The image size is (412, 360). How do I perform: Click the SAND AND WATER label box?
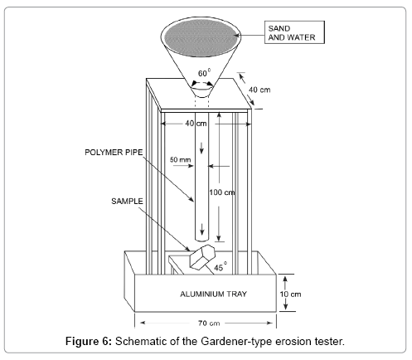[294, 32]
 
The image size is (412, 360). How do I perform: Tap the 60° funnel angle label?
[204, 73]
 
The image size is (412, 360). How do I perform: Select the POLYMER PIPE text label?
[114, 153]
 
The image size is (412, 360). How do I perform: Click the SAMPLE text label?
[127, 201]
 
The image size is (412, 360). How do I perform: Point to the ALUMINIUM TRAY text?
[213, 294]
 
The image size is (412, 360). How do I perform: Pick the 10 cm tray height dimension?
[290, 294]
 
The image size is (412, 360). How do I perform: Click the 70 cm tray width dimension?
[209, 323]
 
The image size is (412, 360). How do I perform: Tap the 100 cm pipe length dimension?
[222, 192]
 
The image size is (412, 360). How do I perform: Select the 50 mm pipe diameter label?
[180, 159]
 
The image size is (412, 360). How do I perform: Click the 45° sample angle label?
[221, 267]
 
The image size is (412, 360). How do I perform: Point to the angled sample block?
[202, 257]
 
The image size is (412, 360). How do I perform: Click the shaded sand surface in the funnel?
[201, 36]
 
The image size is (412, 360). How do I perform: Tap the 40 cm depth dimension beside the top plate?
[259, 90]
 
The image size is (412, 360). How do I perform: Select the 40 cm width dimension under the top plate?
[196, 124]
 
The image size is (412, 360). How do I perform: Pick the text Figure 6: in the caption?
[89, 342]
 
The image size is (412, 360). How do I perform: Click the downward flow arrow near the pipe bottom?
[202, 229]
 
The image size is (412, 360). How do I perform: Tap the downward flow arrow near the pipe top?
[201, 148]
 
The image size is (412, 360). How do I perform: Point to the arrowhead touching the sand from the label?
[236, 36]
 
